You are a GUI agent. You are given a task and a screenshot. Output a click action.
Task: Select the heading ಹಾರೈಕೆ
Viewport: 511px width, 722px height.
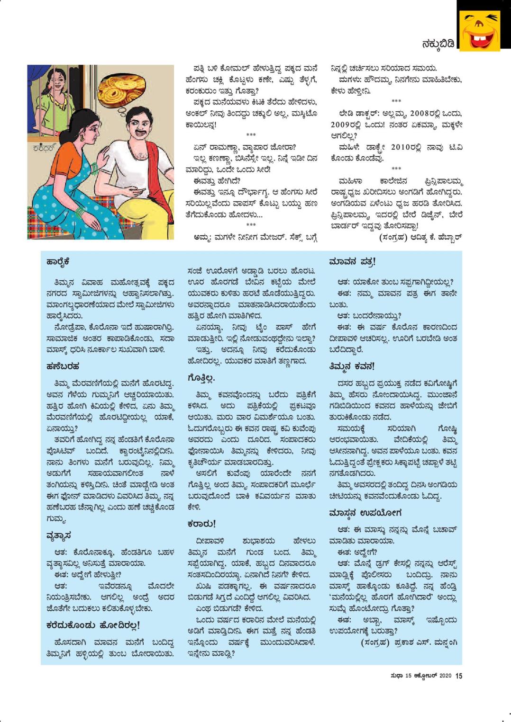58,262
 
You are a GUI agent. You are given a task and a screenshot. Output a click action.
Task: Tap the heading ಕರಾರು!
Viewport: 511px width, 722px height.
201,524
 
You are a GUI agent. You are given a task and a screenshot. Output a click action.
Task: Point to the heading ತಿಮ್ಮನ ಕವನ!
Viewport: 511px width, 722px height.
352,366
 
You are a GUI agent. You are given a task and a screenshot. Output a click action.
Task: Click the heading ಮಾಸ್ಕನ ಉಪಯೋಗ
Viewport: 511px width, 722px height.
365,512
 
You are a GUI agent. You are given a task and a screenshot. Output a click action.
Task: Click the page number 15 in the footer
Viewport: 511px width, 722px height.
458,676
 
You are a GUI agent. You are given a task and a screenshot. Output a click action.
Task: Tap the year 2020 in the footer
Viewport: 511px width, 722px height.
446,676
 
